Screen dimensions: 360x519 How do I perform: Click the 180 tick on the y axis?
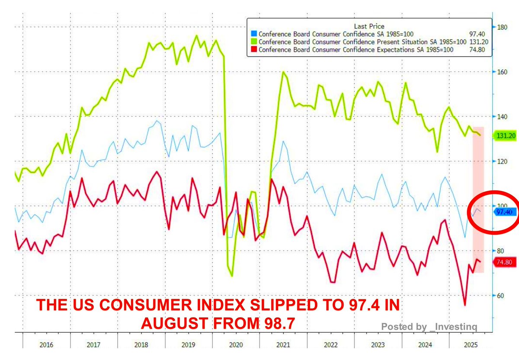[502, 27]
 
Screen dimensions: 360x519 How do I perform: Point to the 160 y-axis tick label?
[502, 72]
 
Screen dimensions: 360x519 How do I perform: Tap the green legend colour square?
[254, 42]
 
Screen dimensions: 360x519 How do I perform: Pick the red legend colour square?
[254, 50]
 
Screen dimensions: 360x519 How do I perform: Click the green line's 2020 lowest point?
[232, 276]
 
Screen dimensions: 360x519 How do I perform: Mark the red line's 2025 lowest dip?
[465, 305]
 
